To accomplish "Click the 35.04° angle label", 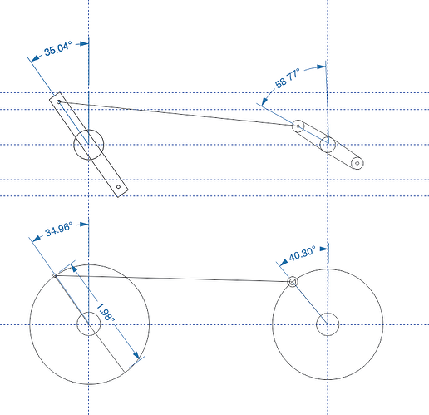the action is coord(58,48).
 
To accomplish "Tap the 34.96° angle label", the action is coord(59,229).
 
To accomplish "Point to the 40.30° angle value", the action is coord(302,254).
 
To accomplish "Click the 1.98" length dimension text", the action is coord(106,312).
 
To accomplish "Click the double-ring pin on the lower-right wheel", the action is coord(293,282).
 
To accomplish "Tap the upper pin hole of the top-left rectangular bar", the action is coord(59,102).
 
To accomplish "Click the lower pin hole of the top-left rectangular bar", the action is coord(118,187).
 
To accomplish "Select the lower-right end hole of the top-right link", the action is coord(357,163).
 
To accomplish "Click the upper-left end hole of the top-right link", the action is coord(298,126).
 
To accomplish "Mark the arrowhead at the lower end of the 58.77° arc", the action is coord(264,101).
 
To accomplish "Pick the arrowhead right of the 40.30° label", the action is coord(324,249).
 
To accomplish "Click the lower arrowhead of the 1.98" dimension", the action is coord(136,355).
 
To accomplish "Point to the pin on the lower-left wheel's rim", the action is coord(55,276).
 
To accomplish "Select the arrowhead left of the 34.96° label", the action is coord(37,239).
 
